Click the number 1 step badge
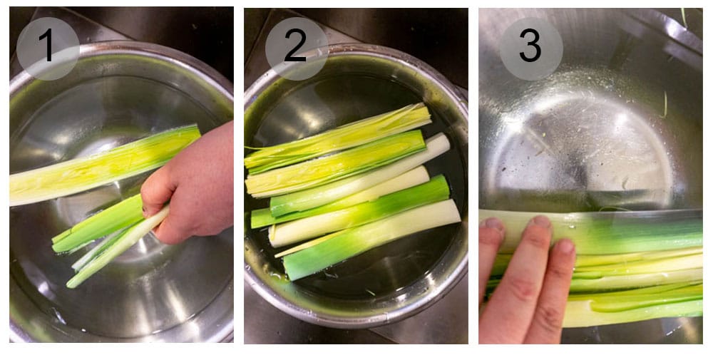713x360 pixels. click(x=48, y=48)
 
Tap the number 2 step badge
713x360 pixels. click(x=296, y=48)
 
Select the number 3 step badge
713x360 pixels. click(x=530, y=48)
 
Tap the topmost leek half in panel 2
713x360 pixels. click(x=339, y=135)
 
